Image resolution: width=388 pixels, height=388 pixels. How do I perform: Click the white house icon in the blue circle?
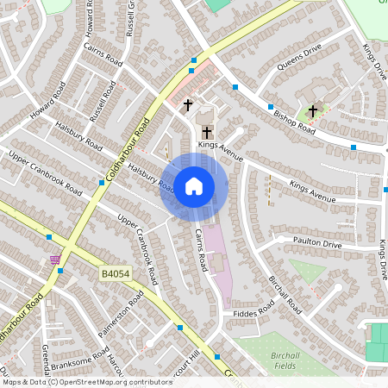194,186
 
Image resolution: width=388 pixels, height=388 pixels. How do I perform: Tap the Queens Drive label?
298,57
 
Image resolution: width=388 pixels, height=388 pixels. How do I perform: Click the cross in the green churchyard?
312,110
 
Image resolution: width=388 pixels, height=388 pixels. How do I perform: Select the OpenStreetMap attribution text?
76,381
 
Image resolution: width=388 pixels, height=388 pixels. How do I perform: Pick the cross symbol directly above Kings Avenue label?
207,132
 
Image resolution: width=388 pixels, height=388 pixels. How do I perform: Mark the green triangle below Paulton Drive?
305,270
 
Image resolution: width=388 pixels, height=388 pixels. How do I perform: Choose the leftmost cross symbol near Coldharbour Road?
188,105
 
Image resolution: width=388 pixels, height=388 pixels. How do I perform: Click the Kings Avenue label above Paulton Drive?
312,191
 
